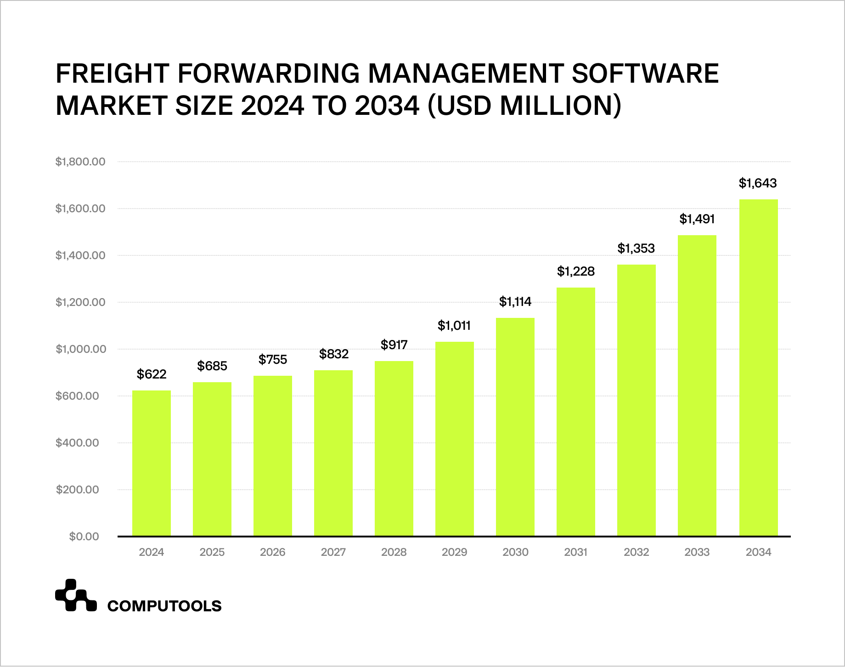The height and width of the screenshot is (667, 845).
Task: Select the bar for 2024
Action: pyautogui.click(x=152, y=463)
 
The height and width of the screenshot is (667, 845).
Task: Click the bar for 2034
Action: pyautogui.click(x=758, y=367)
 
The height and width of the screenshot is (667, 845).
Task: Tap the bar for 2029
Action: pyautogui.click(x=455, y=439)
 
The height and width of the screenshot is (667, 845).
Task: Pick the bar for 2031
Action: pyautogui.click(x=576, y=412)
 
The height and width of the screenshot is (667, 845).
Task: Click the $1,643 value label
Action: pyautogui.click(x=758, y=183)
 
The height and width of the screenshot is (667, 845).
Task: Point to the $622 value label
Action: pyautogui.click(x=152, y=374)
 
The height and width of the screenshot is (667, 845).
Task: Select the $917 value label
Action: pyautogui.click(x=394, y=345)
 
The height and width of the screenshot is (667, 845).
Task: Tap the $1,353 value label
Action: pyautogui.click(x=636, y=249)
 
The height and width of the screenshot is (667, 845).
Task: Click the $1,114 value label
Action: pyautogui.click(x=515, y=302)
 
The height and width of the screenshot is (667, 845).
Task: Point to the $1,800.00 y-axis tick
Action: pyautogui.click(x=80, y=162)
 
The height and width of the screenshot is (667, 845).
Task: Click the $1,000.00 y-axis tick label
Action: pyautogui.click(x=80, y=349)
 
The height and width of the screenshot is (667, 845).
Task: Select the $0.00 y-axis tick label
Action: pyautogui.click(x=84, y=537)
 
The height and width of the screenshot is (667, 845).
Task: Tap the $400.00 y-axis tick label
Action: pyautogui.click(x=77, y=443)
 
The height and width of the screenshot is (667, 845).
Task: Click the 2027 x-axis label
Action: pyautogui.click(x=333, y=552)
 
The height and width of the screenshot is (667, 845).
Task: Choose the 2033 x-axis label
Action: pyautogui.click(x=697, y=552)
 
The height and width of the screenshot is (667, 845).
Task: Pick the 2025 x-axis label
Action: pyautogui.click(x=212, y=552)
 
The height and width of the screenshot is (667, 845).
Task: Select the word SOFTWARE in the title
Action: pyautogui.click(x=646, y=73)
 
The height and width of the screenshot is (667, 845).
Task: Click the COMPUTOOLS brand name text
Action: pyautogui.click(x=164, y=606)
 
